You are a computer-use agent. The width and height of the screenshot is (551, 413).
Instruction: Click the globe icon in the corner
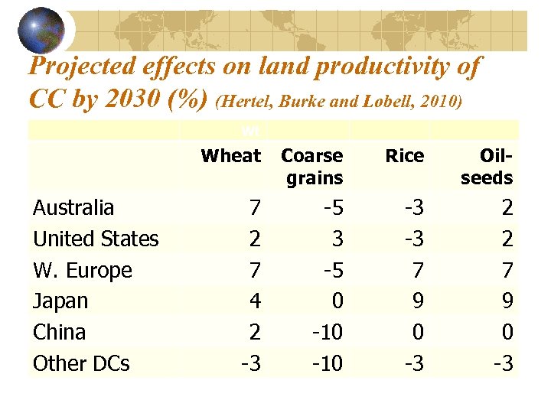(x=41, y=29)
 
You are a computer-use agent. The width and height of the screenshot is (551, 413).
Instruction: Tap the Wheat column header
(x=230, y=156)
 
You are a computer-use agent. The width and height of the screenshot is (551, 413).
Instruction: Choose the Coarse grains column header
(x=311, y=167)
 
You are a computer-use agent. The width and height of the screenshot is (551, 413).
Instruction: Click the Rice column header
(x=404, y=156)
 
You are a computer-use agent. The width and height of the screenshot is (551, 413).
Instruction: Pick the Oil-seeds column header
(x=487, y=167)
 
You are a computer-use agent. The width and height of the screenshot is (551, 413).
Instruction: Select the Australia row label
(x=73, y=208)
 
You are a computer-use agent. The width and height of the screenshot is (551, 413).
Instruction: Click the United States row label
(x=96, y=239)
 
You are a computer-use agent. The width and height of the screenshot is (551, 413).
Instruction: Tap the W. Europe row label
(x=83, y=271)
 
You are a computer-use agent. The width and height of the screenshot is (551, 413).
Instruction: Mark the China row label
(x=59, y=333)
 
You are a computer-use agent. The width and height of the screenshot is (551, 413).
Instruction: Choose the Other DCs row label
(x=81, y=364)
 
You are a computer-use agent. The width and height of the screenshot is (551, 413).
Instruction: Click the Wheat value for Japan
(x=255, y=301)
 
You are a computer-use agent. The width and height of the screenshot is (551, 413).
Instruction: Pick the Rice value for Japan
(x=418, y=301)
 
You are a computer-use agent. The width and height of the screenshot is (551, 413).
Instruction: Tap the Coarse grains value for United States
(x=337, y=239)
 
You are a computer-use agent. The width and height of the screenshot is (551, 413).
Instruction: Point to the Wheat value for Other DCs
(x=250, y=364)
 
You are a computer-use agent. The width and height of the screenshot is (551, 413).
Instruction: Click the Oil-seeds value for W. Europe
(x=507, y=271)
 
